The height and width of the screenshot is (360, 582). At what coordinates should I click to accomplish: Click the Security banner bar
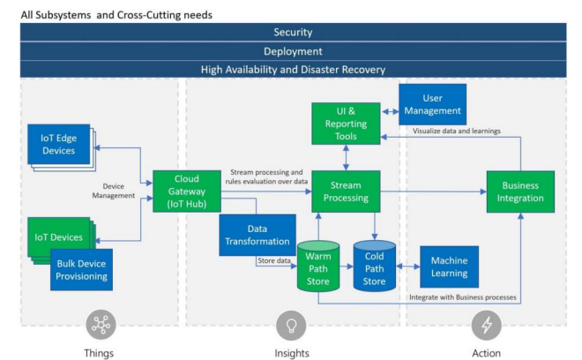[x=294, y=33]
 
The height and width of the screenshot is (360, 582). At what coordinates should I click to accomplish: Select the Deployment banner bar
[x=294, y=51]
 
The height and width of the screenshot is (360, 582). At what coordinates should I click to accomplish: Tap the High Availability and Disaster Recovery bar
[x=294, y=70]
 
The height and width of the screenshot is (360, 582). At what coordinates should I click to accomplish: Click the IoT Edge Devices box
[x=59, y=144]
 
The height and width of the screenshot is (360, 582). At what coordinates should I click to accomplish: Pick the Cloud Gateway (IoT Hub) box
[x=187, y=191]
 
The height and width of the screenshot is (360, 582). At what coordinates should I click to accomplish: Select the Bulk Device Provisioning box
[x=82, y=270]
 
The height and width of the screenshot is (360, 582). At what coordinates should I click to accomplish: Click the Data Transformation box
[x=257, y=236]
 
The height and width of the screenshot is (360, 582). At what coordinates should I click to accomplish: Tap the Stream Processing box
[x=346, y=191]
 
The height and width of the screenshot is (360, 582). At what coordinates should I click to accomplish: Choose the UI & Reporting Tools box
[x=346, y=124]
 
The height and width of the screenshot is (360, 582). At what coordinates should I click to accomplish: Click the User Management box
[x=432, y=104]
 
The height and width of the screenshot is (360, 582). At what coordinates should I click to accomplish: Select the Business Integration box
[x=520, y=191]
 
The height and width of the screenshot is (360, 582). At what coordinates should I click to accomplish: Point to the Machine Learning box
[x=449, y=266]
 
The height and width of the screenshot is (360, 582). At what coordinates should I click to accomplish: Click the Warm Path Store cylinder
[x=318, y=266]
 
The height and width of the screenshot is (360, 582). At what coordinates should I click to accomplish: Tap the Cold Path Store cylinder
[x=374, y=266]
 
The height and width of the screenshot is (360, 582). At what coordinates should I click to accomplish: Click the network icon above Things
[x=101, y=325]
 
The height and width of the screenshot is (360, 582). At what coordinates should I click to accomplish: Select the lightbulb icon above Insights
[x=291, y=326]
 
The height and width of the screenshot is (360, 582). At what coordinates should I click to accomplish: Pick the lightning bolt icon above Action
[x=486, y=326]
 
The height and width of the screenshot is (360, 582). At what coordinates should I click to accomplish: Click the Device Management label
[x=114, y=191]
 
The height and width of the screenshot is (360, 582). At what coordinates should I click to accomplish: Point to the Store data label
[x=274, y=260]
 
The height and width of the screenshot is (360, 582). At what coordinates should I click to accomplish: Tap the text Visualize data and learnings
[x=457, y=131]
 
